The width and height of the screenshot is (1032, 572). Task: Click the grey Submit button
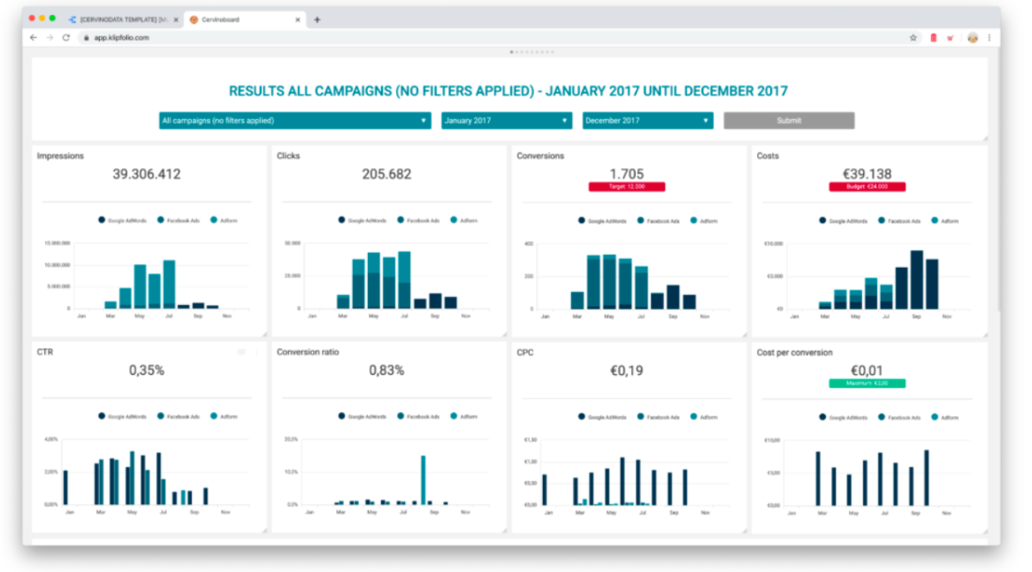[x=789, y=120]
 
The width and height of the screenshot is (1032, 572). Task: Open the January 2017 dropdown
[x=506, y=120]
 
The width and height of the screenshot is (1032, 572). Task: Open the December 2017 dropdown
[x=647, y=120]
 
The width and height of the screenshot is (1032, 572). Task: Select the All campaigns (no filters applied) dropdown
[x=294, y=120]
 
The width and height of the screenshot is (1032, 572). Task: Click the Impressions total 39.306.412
[x=147, y=174]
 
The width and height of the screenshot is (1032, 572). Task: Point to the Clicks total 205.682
[x=386, y=174]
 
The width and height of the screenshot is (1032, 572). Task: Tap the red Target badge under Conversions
[x=626, y=187]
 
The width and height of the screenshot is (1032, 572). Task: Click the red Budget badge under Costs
[x=867, y=187]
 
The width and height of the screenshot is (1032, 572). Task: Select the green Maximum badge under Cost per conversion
[x=867, y=383]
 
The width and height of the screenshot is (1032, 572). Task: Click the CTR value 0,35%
[x=147, y=370]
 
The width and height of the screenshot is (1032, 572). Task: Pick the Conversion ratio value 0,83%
[x=386, y=370]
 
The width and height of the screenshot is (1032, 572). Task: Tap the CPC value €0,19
[x=626, y=370]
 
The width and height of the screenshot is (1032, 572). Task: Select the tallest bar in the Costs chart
[x=917, y=279]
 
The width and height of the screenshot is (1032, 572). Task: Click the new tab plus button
[x=317, y=19]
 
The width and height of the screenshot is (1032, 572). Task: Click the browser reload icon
[x=66, y=38]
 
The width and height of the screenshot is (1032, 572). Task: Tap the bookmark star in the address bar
[x=914, y=38]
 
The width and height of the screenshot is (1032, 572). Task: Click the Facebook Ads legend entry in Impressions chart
[x=180, y=220]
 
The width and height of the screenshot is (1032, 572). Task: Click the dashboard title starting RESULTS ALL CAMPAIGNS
[x=508, y=91]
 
